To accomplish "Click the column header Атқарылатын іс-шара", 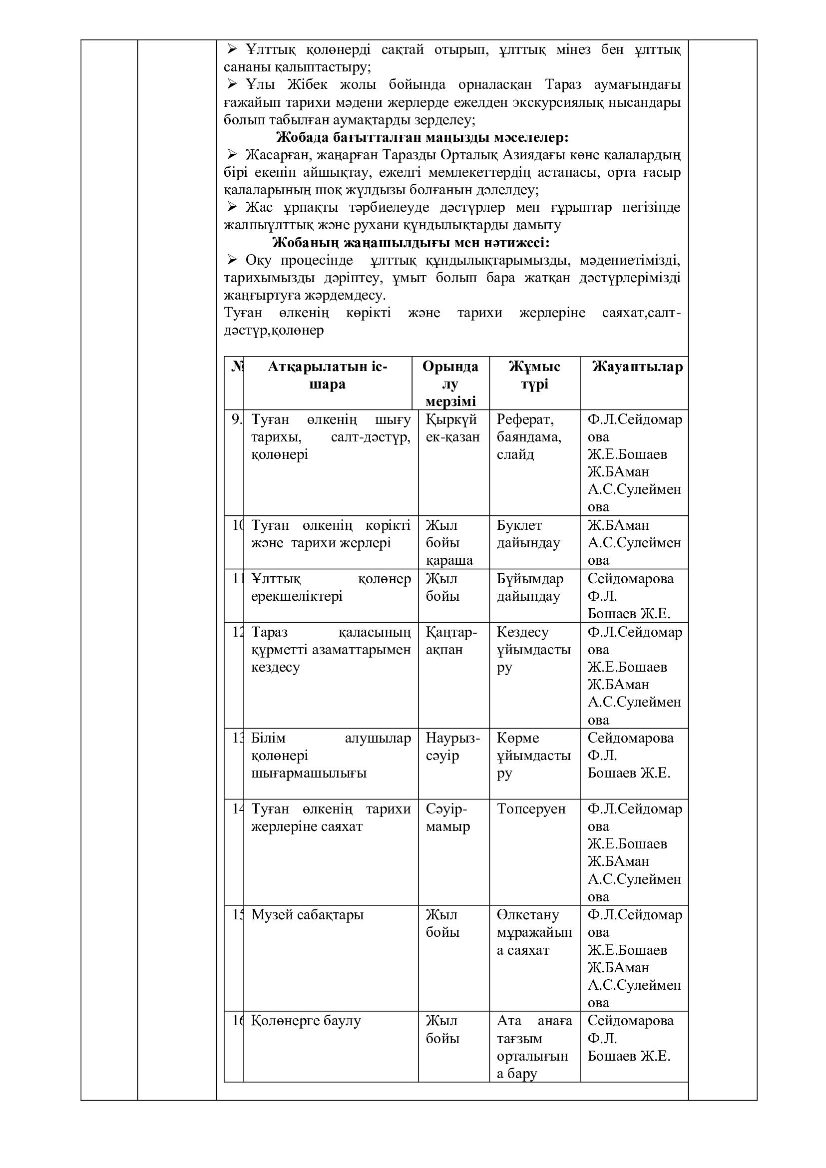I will click(328, 376).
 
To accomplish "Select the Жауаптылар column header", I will click(637, 367).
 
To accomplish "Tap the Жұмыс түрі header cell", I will click(534, 376).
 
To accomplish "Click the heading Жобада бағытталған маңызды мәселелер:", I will click(422, 137).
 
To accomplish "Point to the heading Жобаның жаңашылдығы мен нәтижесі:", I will click(411, 242).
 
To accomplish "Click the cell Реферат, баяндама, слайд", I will click(529, 436).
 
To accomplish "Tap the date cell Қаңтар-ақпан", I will click(451, 641).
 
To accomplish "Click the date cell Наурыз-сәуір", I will click(452, 746).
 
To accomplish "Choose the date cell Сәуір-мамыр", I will click(447, 817).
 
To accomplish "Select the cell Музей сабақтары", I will click(307, 915).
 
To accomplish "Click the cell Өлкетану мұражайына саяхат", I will click(534, 932).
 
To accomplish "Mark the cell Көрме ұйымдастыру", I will click(533, 755).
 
